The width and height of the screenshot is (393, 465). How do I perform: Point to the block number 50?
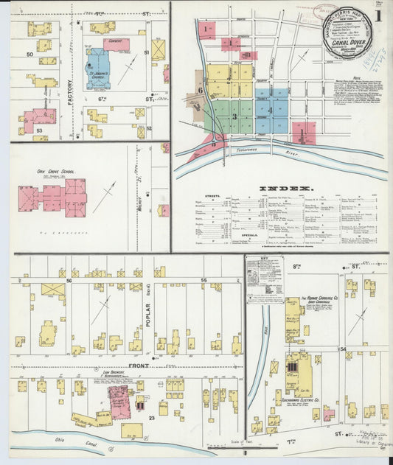(x=29, y=55)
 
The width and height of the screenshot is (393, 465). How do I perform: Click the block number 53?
(x=38, y=129)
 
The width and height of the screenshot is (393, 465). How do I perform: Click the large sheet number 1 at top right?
(x=377, y=15)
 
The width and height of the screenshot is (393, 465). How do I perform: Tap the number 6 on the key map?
(x=200, y=90)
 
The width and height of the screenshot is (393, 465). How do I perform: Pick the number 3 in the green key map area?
(x=234, y=116)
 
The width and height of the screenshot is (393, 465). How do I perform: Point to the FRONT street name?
(x=138, y=366)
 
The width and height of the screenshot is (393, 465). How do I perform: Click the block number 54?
(x=342, y=349)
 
